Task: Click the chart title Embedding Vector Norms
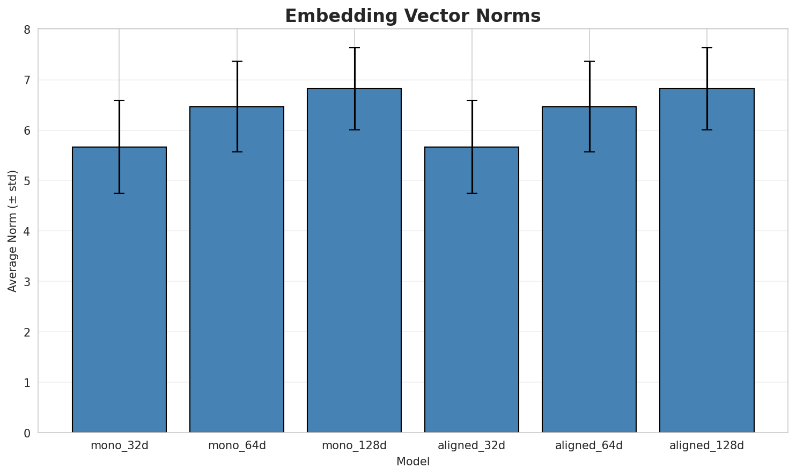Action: click(x=412, y=16)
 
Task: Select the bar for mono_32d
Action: click(x=119, y=290)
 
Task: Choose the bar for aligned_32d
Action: click(x=471, y=290)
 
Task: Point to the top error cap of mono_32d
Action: click(x=119, y=100)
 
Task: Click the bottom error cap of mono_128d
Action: click(x=354, y=130)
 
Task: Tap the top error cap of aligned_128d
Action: click(x=706, y=48)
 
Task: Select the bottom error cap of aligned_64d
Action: click(x=589, y=152)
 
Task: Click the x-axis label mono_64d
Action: click(x=237, y=445)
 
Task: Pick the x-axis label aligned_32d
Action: click(x=471, y=445)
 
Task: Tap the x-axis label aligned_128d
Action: click(x=706, y=445)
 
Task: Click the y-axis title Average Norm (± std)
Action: click(x=13, y=231)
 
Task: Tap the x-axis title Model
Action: click(x=412, y=462)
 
